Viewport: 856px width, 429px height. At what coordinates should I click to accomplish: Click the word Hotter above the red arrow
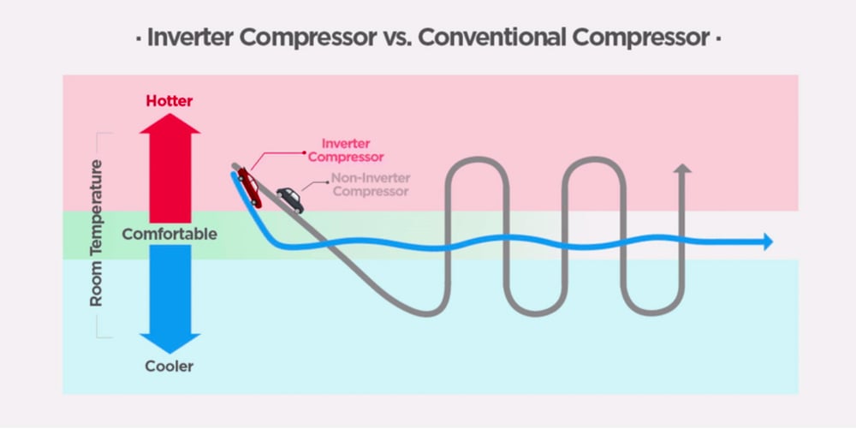tap(169, 101)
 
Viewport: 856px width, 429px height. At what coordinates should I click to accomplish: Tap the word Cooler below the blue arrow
tap(169, 366)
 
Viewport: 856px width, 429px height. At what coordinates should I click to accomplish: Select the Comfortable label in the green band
tap(169, 234)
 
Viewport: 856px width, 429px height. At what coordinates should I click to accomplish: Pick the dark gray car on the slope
tap(289, 199)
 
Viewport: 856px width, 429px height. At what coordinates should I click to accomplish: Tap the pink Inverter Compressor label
tap(345, 150)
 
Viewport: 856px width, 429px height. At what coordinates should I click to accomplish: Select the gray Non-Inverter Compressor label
tap(371, 184)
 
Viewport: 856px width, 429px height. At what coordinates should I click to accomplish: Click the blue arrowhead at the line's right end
tap(767, 242)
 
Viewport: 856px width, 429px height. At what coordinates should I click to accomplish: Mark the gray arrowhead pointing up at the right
tap(682, 168)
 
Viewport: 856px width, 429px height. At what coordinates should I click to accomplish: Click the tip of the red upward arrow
tap(169, 116)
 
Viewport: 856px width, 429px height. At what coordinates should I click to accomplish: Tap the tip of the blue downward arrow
tap(169, 350)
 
